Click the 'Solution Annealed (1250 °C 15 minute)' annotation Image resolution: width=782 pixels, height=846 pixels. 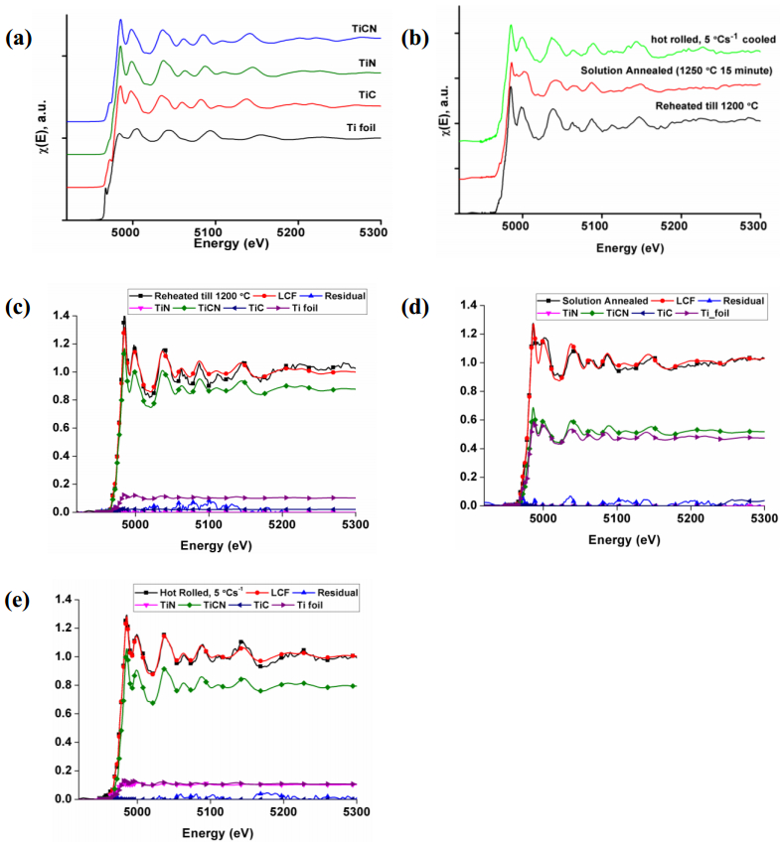click(671, 72)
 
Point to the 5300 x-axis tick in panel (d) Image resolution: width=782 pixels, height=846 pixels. click(763, 519)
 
